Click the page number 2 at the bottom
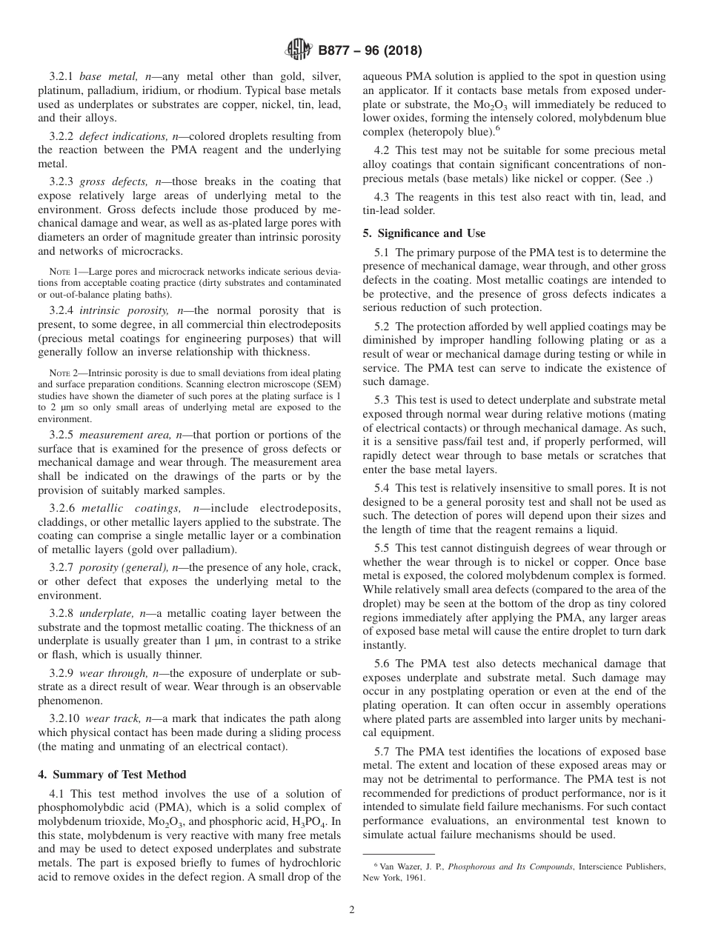pyautogui.click(x=352, y=909)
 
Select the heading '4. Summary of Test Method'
pyautogui.click(x=112, y=775)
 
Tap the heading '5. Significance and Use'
pyautogui.click(x=424, y=233)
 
